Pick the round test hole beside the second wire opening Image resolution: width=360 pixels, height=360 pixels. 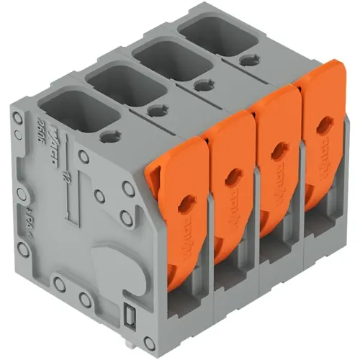[x=155, y=109]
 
